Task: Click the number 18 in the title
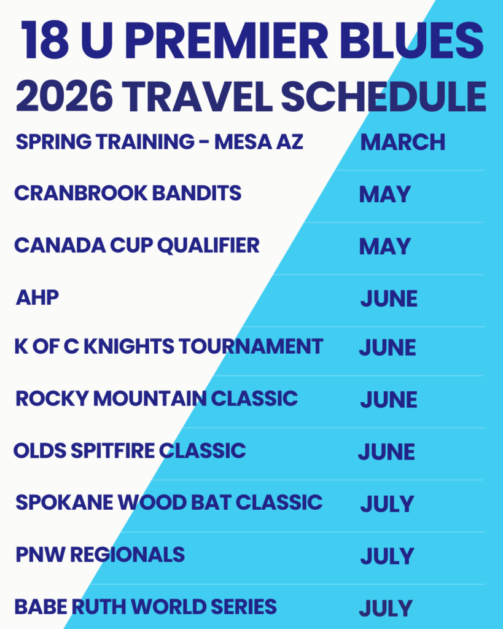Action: click(x=45, y=40)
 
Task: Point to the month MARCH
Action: click(x=403, y=142)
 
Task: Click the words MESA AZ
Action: click(x=259, y=142)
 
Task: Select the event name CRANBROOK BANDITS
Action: click(x=128, y=193)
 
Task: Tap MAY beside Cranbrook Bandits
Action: click(x=384, y=194)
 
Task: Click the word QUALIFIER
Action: click(x=208, y=246)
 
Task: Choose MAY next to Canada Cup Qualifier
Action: click(x=384, y=246)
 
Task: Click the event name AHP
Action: click(x=37, y=297)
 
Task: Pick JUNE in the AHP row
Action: click(x=389, y=299)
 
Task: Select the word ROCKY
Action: click(x=52, y=398)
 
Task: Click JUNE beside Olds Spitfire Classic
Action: click(x=386, y=452)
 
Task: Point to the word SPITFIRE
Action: click(x=113, y=450)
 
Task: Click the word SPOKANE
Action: click(x=64, y=502)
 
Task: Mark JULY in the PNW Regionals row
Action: click(x=387, y=556)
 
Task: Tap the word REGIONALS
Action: click(x=128, y=555)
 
